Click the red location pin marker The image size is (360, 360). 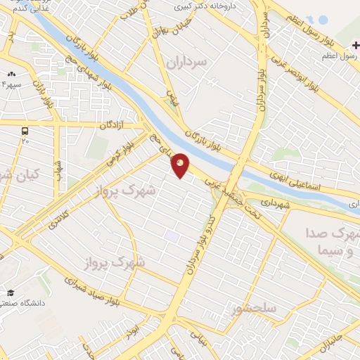coord(180,165)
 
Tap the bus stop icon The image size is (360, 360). coord(25,131)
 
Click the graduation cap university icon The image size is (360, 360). coord(11,292)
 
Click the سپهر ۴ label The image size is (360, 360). coord(12,84)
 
